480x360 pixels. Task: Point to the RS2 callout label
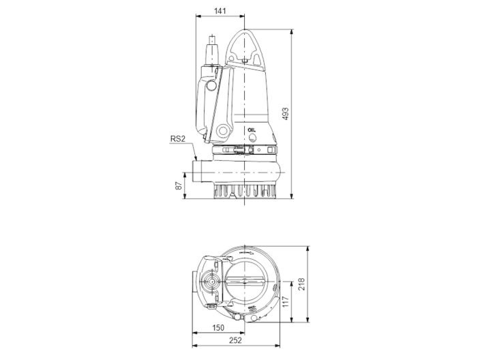pos(179,141)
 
